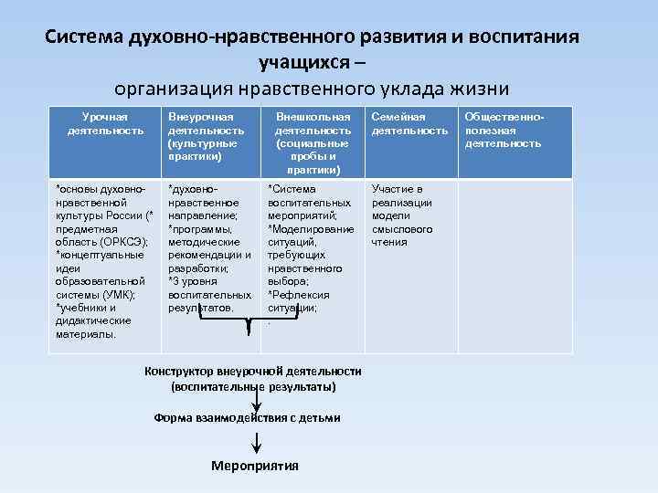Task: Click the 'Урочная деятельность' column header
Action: (x=105, y=124)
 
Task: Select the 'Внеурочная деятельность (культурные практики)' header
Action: (x=207, y=137)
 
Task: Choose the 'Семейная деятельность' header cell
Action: (x=409, y=124)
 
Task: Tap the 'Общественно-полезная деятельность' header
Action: (x=504, y=131)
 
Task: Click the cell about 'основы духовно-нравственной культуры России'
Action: (x=105, y=261)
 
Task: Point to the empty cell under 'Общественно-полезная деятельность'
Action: (x=514, y=265)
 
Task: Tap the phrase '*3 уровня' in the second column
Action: (x=192, y=281)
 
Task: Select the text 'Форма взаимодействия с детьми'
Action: (x=247, y=418)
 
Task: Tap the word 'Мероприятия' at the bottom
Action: (x=255, y=466)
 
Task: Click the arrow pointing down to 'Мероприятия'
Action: (x=259, y=444)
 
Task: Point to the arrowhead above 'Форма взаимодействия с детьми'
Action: (x=259, y=408)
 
